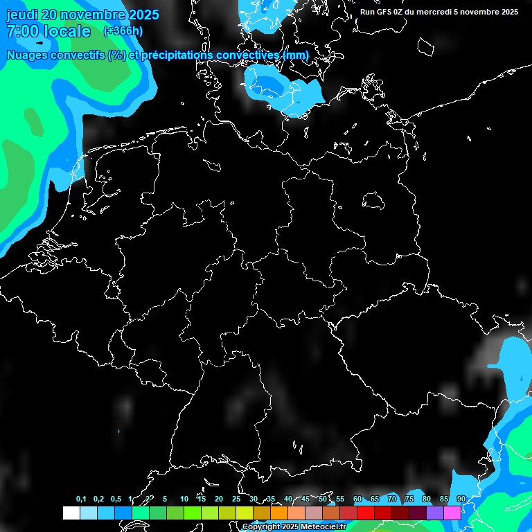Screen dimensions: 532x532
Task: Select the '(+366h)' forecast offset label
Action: (123, 30)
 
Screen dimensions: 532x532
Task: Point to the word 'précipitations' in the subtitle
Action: (176, 55)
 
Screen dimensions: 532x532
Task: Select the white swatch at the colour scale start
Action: (71, 513)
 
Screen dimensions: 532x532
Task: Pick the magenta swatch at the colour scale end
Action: (452, 513)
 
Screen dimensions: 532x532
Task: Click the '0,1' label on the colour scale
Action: (81, 499)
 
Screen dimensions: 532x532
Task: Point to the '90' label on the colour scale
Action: (461, 499)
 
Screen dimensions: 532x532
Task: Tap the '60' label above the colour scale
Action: (357, 499)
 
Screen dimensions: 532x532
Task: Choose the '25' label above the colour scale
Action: (236, 499)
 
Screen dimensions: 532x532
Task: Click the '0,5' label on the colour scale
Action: (116, 499)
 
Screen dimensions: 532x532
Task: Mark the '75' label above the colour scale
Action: (409, 499)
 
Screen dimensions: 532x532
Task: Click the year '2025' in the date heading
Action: (139, 15)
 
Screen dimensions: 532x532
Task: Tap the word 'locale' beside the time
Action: (67, 31)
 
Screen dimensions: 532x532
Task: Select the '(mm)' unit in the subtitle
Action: (296, 55)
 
